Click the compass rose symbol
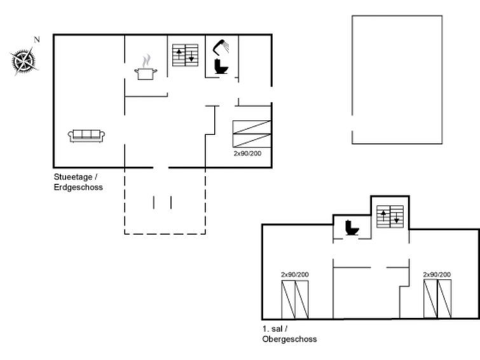[24, 61]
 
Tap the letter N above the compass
[37, 39]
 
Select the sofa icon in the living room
[86, 135]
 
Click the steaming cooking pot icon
[146, 67]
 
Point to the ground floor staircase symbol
[185, 55]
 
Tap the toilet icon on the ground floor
[221, 66]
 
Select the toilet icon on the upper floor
[352, 228]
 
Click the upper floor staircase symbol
[390, 217]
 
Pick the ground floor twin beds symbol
[252, 134]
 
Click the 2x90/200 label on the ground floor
[247, 153]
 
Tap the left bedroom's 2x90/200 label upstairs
[295, 275]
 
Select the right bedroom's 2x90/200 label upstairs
[437, 275]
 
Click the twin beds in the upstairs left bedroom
[295, 300]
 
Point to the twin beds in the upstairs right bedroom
[437, 299]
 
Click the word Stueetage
[73, 177]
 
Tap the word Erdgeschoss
[78, 187]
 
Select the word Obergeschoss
[290, 339]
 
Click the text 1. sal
[273, 329]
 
